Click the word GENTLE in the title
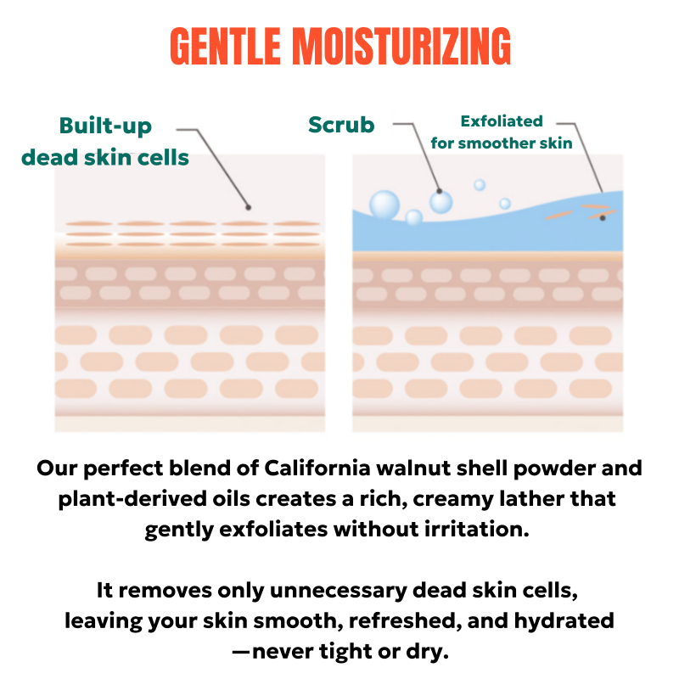pyautogui.click(x=225, y=46)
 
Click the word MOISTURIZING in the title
pyautogui.click(x=401, y=46)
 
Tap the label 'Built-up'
pyautogui.click(x=105, y=126)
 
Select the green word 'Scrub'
pyautogui.click(x=341, y=125)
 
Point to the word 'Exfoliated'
pyautogui.click(x=502, y=121)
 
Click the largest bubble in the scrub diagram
pyautogui.click(x=384, y=205)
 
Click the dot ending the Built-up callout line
pyautogui.click(x=248, y=207)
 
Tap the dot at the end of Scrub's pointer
pyautogui.click(x=439, y=191)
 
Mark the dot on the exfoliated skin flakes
pyautogui.click(x=603, y=218)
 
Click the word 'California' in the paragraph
pyautogui.click(x=317, y=469)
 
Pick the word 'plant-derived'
pyautogui.click(x=132, y=499)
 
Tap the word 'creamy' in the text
pyautogui.click(x=453, y=500)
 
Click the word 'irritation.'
pyautogui.click(x=476, y=529)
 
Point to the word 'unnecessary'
pyautogui.click(x=338, y=591)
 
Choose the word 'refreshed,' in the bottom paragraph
pyautogui.click(x=402, y=621)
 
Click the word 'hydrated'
pyautogui.click(x=564, y=621)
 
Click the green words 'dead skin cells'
pyautogui.click(x=105, y=158)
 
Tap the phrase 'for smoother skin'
pyautogui.click(x=502, y=143)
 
